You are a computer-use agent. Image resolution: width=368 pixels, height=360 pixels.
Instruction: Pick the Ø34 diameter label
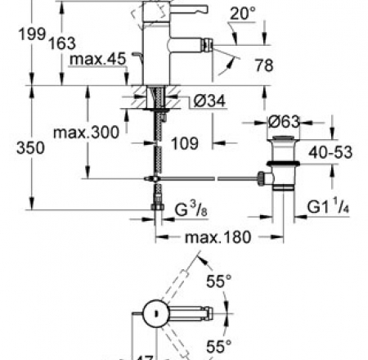click(x=209, y=101)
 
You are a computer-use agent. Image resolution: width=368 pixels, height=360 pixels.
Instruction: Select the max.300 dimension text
click(x=87, y=131)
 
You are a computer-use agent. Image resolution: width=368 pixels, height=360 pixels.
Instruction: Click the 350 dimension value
click(x=17, y=148)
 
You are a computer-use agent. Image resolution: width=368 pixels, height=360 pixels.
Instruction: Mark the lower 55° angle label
click(x=218, y=346)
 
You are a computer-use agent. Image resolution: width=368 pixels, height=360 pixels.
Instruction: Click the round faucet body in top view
click(x=154, y=312)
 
